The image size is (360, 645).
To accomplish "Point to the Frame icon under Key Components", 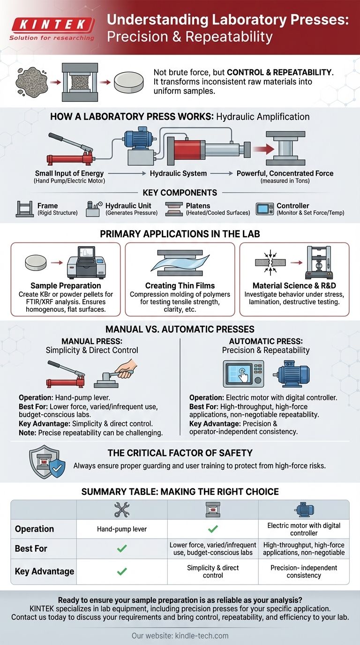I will [25, 209].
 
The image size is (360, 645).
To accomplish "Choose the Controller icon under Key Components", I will [264, 209].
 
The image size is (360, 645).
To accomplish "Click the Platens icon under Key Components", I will [174, 209].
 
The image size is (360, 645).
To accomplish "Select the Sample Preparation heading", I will [66, 285].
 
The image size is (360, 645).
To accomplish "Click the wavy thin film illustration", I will [180, 263].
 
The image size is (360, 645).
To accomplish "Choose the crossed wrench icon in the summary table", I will [122, 510].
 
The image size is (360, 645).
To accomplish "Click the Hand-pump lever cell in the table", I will [122, 529].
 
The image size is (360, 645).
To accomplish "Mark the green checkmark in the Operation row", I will [213, 529].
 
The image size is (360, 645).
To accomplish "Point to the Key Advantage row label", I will [45, 571].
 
